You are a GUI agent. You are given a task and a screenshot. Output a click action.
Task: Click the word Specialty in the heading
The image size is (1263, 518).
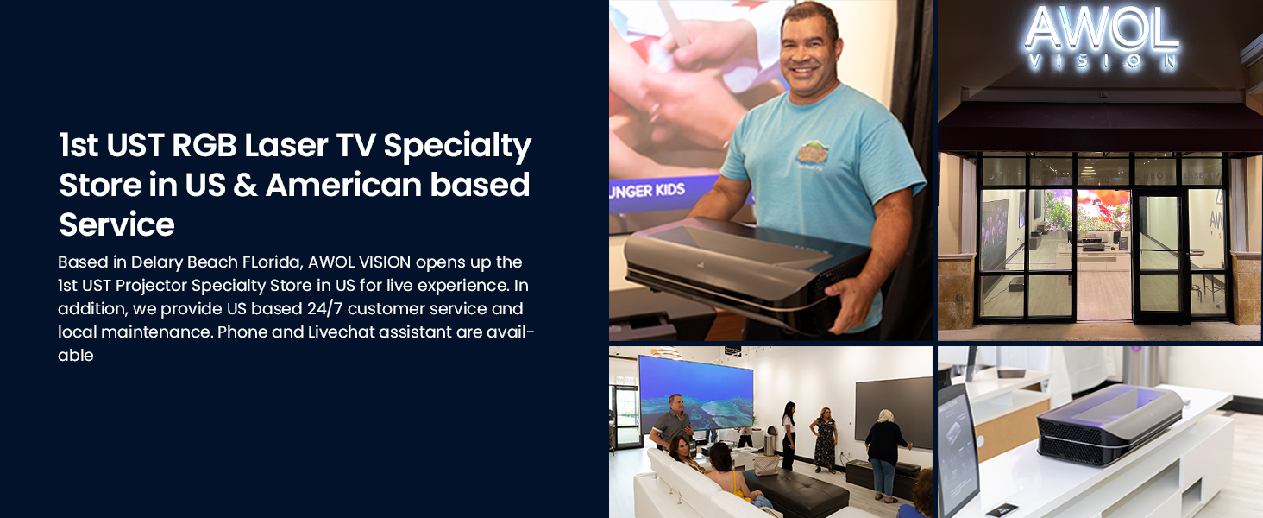click(x=457, y=146)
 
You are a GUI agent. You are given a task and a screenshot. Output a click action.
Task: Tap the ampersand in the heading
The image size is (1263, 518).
click(x=245, y=185)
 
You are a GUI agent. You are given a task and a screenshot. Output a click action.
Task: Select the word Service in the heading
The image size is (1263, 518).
click(x=116, y=224)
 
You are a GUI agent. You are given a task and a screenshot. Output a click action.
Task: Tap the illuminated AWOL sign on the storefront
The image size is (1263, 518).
click(x=1101, y=28)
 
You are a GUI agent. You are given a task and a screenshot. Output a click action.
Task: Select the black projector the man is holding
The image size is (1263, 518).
click(x=747, y=271)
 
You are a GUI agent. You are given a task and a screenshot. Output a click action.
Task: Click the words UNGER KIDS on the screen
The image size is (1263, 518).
click(x=647, y=190)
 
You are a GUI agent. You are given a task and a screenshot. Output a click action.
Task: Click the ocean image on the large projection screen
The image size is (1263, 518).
click(x=696, y=395)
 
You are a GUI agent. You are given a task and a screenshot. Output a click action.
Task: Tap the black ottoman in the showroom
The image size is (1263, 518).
click(x=795, y=491)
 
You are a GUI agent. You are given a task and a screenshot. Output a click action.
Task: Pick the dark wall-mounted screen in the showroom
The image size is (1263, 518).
click(x=893, y=410)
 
